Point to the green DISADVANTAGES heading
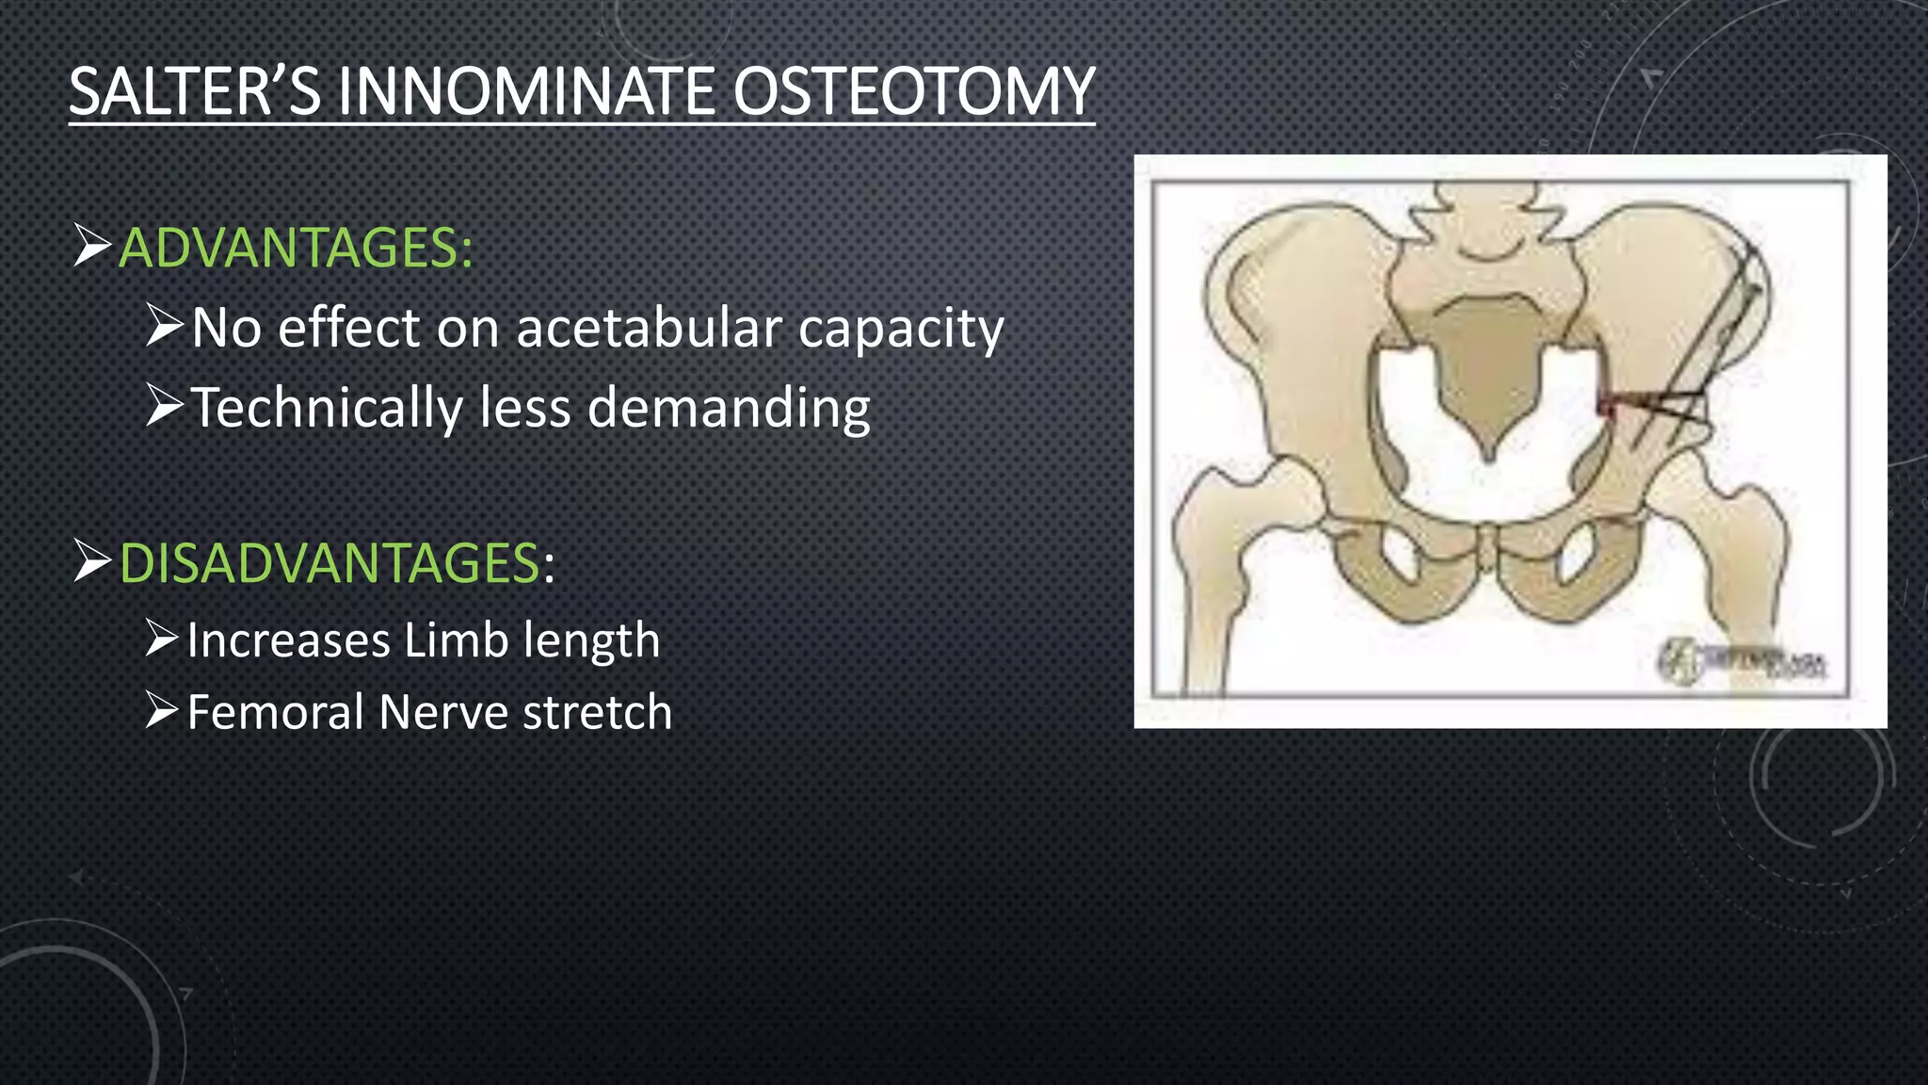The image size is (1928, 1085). [329, 563]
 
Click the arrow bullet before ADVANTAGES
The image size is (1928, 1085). [91, 247]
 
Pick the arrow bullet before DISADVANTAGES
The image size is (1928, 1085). [91, 562]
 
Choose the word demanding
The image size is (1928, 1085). [729, 408]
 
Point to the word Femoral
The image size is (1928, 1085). [276, 712]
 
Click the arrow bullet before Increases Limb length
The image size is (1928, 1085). [162, 639]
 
